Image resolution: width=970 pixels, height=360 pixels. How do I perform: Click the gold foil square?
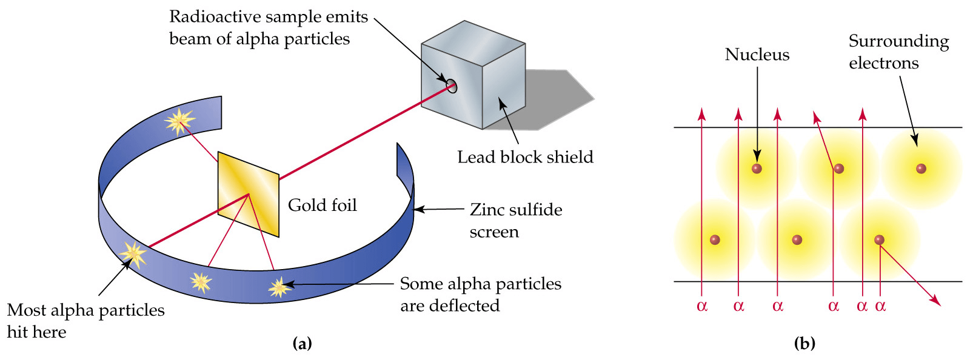pos(249,193)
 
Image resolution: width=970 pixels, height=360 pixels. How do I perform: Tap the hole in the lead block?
pos(451,86)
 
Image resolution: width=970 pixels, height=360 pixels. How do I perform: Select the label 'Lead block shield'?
pos(525,157)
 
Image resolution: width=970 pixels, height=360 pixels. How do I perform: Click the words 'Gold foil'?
pos(322,205)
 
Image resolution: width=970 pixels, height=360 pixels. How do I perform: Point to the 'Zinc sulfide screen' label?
pos(515,220)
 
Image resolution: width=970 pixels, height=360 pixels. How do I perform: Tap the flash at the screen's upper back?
pos(179,121)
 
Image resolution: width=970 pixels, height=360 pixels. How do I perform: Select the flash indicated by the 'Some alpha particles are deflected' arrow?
pos(279,287)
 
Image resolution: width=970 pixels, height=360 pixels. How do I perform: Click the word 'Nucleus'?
pos(757,55)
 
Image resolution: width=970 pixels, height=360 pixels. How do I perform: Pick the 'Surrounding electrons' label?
pos(898,52)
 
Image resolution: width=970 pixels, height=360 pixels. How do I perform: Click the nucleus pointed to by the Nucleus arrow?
pos(757,168)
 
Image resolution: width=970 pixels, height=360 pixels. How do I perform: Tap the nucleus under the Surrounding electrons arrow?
pos(921,168)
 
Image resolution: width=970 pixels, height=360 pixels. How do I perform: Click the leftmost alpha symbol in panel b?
pos(702,306)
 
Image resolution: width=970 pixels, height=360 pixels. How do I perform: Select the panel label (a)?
pos(302,344)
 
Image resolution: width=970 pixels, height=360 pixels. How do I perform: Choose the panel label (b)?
pos(804,344)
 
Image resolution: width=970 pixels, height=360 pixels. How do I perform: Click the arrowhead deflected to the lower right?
pos(937,302)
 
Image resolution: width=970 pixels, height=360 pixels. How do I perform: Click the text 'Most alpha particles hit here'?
pos(85,321)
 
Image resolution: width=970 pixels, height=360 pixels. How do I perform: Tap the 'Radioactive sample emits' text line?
pos(268,17)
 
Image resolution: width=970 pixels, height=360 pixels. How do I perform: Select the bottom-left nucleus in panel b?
pos(715,240)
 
